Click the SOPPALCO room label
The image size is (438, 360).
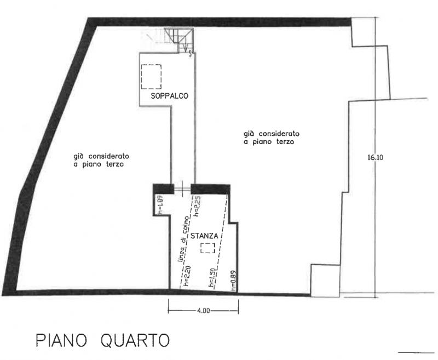click(170, 96)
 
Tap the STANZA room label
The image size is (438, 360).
click(204, 236)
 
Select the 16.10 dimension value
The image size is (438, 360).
click(375, 157)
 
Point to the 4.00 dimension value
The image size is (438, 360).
click(203, 311)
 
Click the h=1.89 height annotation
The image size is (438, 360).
click(160, 205)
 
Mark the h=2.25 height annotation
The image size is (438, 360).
click(197, 207)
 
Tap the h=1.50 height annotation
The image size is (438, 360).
click(214, 278)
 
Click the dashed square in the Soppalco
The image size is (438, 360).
click(151, 77)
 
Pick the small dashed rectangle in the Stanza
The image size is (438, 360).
click(208, 248)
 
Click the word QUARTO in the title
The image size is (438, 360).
click(135, 341)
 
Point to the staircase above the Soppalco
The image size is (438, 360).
click(179, 40)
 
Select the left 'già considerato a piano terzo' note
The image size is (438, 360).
click(101, 160)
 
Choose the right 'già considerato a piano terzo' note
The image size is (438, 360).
click(271, 138)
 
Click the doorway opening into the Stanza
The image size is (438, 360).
click(182, 189)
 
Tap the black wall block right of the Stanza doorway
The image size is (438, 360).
click(211, 189)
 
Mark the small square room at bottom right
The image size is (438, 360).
click(325, 281)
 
